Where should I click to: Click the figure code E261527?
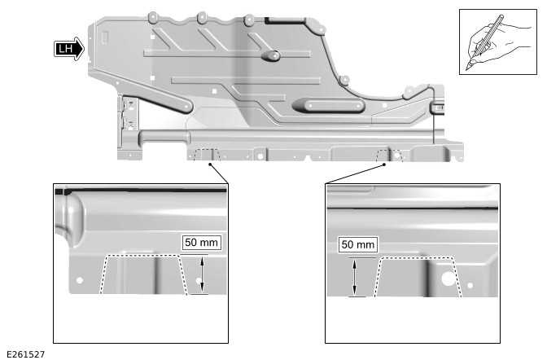[x=24, y=354]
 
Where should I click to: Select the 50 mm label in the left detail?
[x=202, y=242]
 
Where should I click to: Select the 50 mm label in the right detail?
[x=357, y=244]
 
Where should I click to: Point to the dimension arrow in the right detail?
[x=354, y=277]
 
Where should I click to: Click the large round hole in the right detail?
[x=448, y=277]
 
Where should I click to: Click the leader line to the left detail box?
[x=219, y=173]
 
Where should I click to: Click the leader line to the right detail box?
[x=355, y=173]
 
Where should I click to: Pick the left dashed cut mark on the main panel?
[x=207, y=154]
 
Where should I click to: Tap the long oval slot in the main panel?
[x=326, y=105]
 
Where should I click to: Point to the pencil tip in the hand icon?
[x=470, y=67]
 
